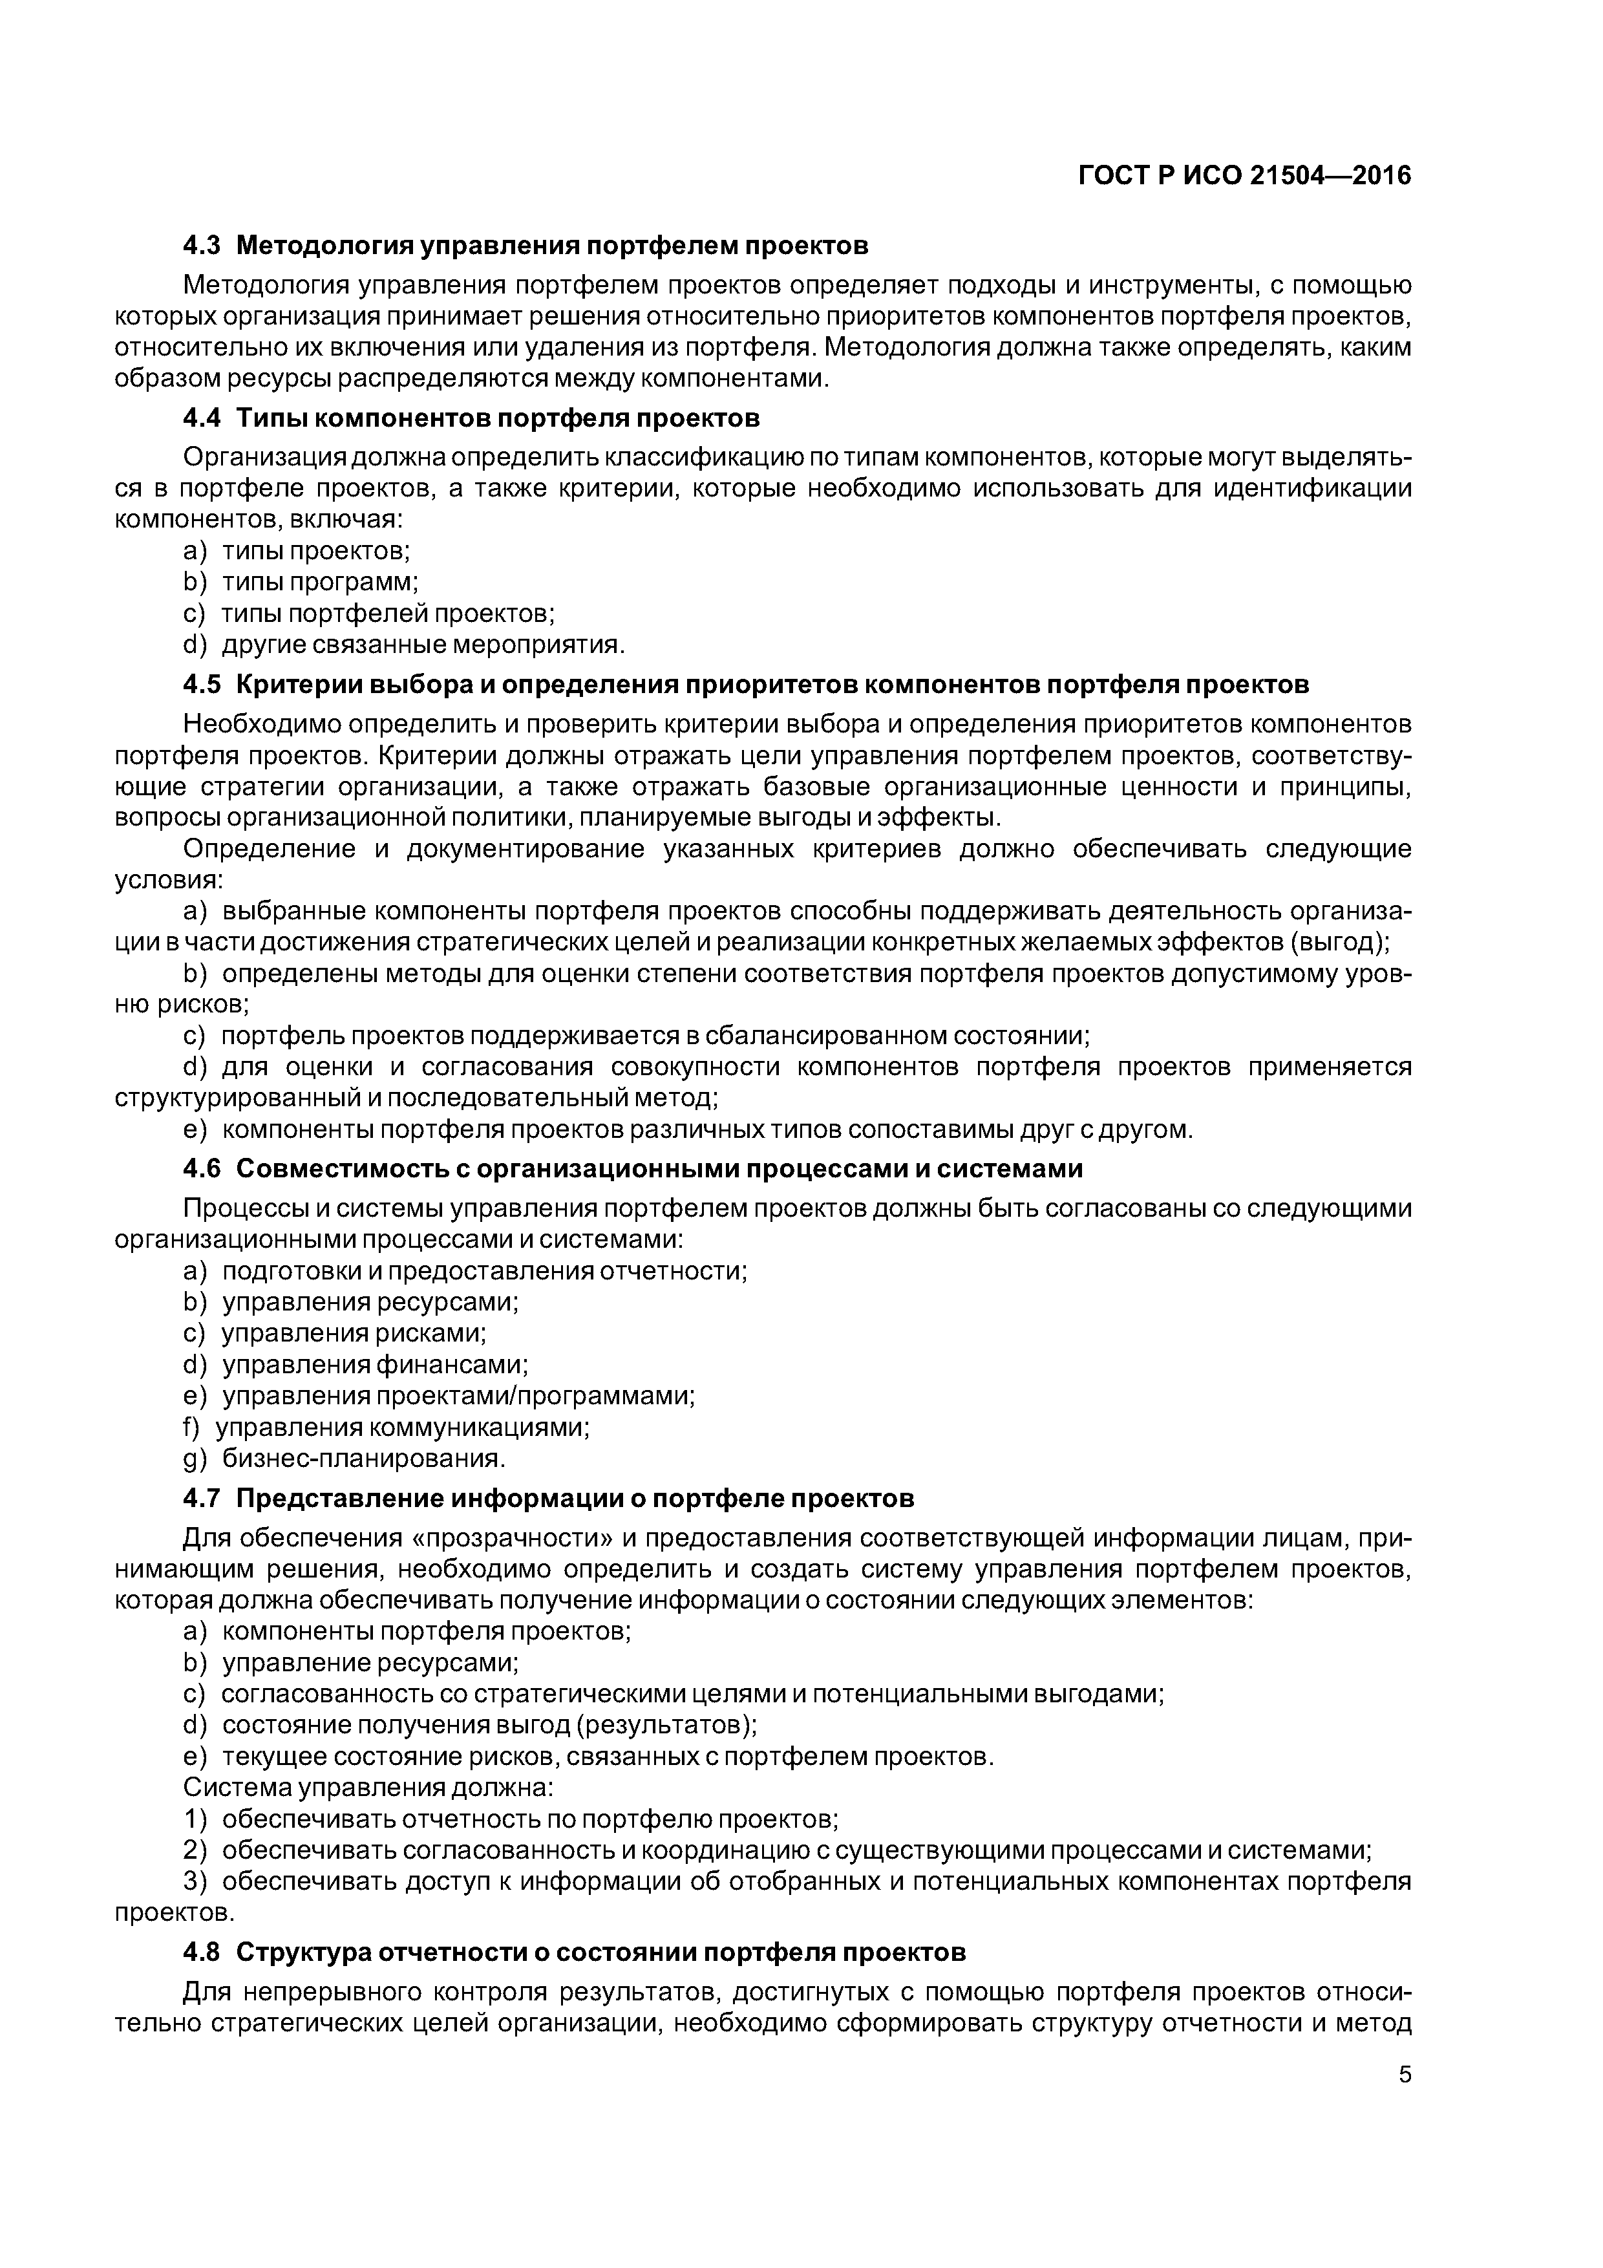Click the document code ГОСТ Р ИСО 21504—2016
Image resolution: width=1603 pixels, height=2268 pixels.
pyautogui.click(x=1244, y=176)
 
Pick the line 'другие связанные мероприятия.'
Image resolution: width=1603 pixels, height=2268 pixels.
pyautogui.click(x=424, y=645)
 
